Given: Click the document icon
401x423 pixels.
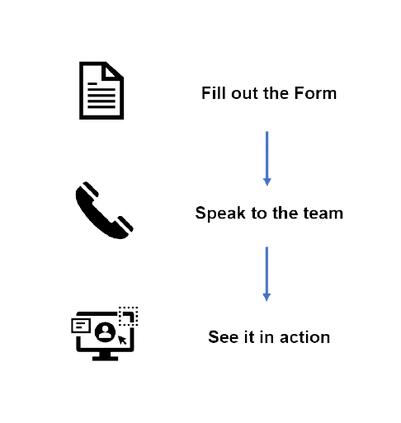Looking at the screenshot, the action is [x=101, y=91].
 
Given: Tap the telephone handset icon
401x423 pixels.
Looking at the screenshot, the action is [x=104, y=210].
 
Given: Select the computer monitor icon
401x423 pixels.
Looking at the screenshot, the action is [x=105, y=334].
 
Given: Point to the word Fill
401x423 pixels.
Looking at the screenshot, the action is [x=214, y=93].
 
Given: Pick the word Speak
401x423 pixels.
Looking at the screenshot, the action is [x=220, y=213].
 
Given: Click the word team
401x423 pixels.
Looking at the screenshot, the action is [x=323, y=214].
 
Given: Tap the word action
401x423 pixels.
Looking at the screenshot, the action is [x=304, y=337].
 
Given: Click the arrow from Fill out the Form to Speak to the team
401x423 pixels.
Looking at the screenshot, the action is [x=267, y=158].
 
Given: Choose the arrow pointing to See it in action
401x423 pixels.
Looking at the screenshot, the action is [x=267, y=274].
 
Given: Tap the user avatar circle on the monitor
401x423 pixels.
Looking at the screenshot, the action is [x=105, y=332].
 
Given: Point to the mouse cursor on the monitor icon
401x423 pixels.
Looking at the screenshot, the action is [x=122, y=340].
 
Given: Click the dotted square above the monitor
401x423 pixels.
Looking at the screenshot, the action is [x=128, y=316].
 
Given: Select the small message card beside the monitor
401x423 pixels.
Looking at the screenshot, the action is [x=81, y=326].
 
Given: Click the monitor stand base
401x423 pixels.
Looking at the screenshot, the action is [x=105, y=359].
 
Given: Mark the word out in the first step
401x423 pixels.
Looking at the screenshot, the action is [x=244, y=93].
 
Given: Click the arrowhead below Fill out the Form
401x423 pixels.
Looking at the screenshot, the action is [x=267, y=182].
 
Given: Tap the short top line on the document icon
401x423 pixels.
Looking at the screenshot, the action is [x=92, y=83].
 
